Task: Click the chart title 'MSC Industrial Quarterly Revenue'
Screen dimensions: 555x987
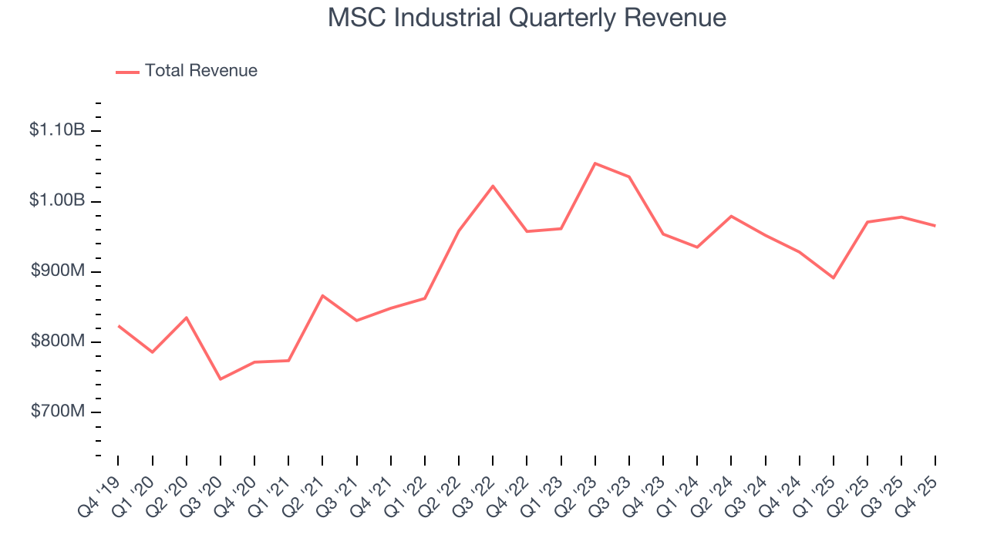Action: pos(527,17)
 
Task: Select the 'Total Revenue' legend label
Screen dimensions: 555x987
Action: pos(200,71)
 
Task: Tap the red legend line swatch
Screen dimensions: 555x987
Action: pos(127,72)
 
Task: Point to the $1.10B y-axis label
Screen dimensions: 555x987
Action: pos(57,130)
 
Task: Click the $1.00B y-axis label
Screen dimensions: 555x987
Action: pos(57,200)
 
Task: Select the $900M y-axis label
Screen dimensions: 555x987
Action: pos(58,271)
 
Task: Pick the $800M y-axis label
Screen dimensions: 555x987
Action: pos(58,341)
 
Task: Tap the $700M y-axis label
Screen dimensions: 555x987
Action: pos(58,412)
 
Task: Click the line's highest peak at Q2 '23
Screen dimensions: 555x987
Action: pos(595,163)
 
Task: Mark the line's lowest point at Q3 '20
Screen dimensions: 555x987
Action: pos(221,379)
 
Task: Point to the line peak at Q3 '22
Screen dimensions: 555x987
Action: pos(493,186)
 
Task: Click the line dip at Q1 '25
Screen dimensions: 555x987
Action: pos(834,278)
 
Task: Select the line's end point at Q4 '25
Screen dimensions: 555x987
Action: pos(935,226)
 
